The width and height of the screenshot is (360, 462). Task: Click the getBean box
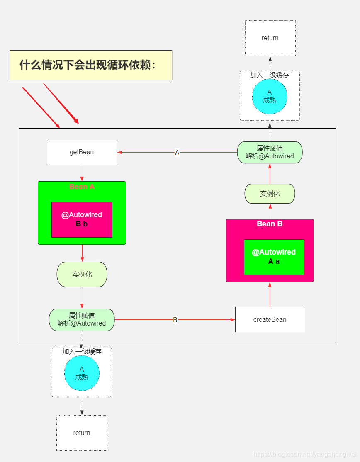click(82, 152)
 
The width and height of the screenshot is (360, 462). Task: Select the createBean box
click(270, 319)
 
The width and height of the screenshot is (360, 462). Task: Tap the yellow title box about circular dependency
click(90, 65)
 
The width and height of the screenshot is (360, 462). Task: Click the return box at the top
click(270, 38)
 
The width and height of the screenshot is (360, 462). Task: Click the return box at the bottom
click(82, 433)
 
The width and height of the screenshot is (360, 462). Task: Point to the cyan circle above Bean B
click(270, 96)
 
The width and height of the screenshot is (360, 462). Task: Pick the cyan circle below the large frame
click(82, 373)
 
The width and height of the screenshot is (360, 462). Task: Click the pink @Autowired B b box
click(82, 219)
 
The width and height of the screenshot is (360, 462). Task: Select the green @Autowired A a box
click(274, 257)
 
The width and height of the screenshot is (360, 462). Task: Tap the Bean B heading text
click(270, 224)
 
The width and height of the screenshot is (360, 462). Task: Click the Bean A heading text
click(82, 187)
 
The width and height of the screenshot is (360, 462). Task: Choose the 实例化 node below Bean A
click(82, 274)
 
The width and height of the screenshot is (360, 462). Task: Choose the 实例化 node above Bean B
click(270, 194)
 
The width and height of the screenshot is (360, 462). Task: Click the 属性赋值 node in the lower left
click(82, 319)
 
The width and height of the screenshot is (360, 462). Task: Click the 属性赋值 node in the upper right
click(270, 152)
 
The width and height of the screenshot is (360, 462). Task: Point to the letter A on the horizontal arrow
click(177, 153)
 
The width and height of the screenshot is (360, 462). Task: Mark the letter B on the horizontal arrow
click(175, 320)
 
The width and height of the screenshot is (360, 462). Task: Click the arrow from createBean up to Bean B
click(270, 294)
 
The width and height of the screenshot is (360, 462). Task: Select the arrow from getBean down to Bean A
click(82, 173)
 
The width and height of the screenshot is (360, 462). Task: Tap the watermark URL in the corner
click(305, 455)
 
